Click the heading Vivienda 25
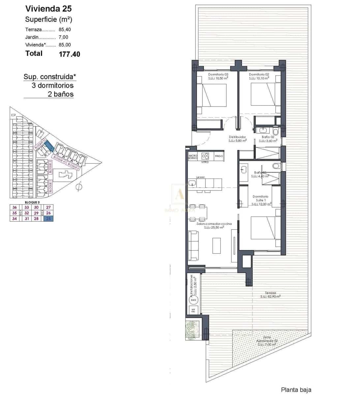click(48, 9)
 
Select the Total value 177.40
click(69, 54)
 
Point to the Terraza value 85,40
click(65, 29)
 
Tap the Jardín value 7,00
click(63, 37)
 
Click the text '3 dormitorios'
click(52, 85)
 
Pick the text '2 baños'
click(61, 94)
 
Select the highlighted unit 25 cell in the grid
click(48, 218)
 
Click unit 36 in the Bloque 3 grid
click(15, 207)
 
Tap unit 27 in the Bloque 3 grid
click(48, 207)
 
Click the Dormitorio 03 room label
click(218, 75)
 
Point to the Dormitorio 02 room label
click(259, 75)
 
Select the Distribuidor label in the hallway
click(237, 137)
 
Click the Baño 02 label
click(268, 137)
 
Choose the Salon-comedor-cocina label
click(214, 224)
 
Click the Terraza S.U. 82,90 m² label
click(270, 294)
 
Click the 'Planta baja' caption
click(296, 390)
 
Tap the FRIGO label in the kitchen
click(219, 156)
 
